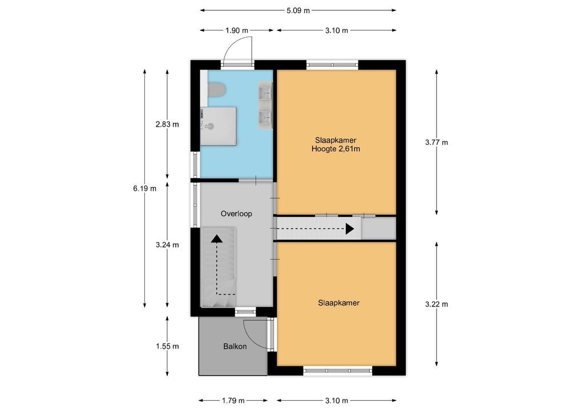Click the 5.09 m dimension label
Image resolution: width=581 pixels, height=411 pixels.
pyautogui.click(x=298, y=10)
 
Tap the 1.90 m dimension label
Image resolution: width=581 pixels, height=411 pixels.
pyautogui.click(x=237, y=30)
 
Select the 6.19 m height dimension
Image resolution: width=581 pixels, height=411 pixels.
pyautogui.click(x=144, y=188)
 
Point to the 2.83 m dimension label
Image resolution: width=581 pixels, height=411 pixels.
pyautogui.click(x=167, y=124)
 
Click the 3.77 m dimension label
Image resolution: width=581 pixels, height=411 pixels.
pyautogui.click(x=437, y=142)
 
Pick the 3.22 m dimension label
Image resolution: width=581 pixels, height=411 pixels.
pyautogui.click(x=437, y=304)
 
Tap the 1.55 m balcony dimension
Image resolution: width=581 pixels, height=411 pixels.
pyautogui.click(x=167, y=346)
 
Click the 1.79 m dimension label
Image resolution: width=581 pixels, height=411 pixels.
pyautogui.click(x=233, y=400)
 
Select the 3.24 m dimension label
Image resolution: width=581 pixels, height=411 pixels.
pyautogui.click(x=167, y=244)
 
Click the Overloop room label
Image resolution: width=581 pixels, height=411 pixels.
pyautogui.click(x=236, y=214)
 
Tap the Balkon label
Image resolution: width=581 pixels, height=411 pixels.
pyautogui.click(x=235, y=346)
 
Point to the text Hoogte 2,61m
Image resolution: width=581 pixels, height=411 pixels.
pyautogui.click(x=336, y=149)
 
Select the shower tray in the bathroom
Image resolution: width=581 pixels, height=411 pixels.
pyautogui.click(x=218, y=126)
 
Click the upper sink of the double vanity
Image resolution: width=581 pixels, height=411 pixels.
pyautogui.click(x=265, y=91)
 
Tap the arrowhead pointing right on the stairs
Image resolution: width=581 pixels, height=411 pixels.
pyautogui.click(x=350, y=229)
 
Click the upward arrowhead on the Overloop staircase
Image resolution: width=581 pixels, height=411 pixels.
pyautogui.click(x=217, y=239)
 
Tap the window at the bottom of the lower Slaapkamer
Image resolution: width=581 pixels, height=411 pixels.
pyautogui.click(x=338, y=370)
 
